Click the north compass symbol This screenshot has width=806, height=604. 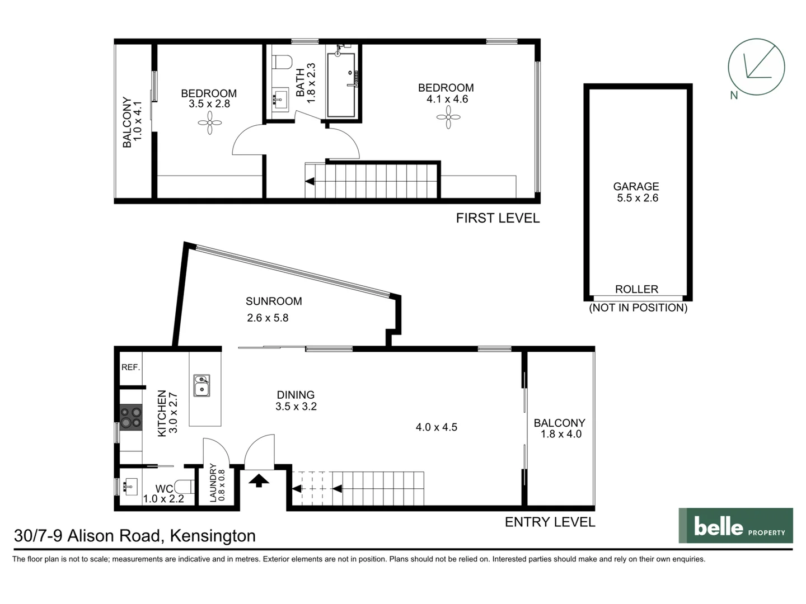(x=756, y=67)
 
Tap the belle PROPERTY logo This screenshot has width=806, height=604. (x=735, y=526)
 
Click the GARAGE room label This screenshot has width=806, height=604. (x=636, y=187)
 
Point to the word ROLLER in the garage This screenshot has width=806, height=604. (x=636, y=289)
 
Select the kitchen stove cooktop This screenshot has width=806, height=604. (x=131, y=417)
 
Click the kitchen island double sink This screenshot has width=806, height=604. (x=201, y=385)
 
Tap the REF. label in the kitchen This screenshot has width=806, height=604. (x=130, y=367)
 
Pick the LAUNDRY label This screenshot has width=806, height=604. (x=213, y=482)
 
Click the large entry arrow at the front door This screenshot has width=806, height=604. (x=259, y=480)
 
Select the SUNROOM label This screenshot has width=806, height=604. (x=274, y=301)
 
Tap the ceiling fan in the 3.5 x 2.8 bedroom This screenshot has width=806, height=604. (x=210, y=122)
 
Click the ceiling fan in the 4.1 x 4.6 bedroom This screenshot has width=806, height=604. (x=448, y=117)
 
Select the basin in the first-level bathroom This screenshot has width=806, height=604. (x=279, y=100)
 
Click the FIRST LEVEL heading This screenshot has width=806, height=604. (x=498, y=218)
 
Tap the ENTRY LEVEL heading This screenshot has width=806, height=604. (x=550, y=522)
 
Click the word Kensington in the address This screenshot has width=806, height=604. (x=213, y=536)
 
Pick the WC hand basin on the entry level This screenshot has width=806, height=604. (x=131, y=485)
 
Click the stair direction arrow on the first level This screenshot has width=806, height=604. (x=310, y=181)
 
